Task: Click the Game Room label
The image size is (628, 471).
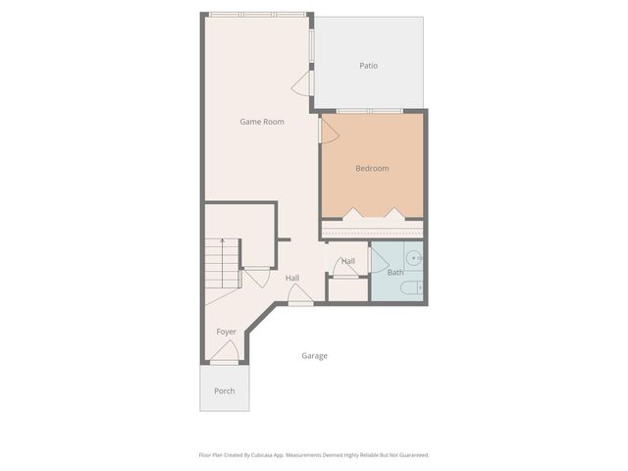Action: [262, 122]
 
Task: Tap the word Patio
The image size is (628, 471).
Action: [368, 66]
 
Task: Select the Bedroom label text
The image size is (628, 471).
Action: [372, 169]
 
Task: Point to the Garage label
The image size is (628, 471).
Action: [314, 355]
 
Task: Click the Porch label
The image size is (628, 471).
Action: [225, 391]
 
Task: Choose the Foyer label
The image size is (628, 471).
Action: [227, 332]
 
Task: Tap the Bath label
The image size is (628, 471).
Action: [394, 272]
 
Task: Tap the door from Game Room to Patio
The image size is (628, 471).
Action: [305, 82]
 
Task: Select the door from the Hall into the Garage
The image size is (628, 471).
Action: [300, 295]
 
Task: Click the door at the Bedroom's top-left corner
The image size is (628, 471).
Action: [329, 129]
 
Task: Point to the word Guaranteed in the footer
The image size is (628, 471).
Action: [412, 454]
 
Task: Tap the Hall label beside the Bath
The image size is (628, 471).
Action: [348, 261]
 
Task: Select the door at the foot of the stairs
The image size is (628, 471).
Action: [256, 277]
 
